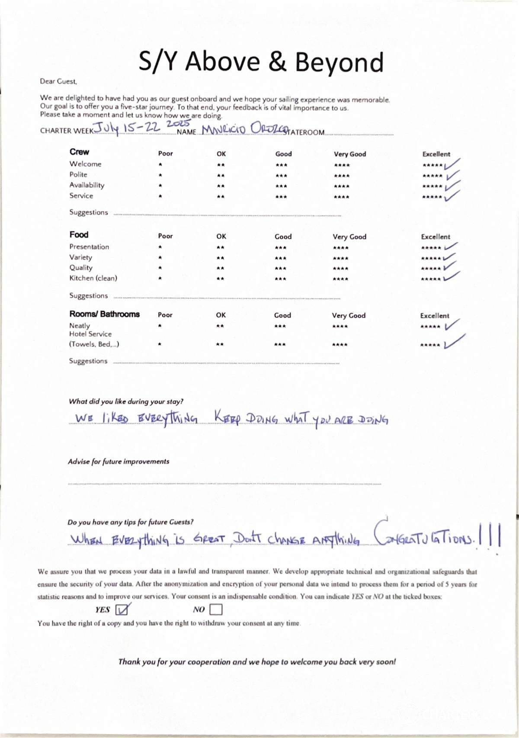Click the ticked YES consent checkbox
coord(122,610)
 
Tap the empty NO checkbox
coord(215,610)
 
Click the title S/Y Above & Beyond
coord(261,61)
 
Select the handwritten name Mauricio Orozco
coord(244,129)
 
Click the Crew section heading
coord(79,152)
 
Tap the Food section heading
coord(79,234)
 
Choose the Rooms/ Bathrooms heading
coord(104,314)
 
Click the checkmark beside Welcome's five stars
coord(452,164)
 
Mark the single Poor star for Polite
coord(160,175)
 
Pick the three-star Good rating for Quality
coord(280,268)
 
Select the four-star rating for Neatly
coord(340,326)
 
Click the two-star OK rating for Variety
coord(220,258)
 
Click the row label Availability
coord(87,185)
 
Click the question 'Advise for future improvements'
coord(119,462)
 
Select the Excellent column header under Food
coord(436,237)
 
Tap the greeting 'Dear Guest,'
coord(58,81)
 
